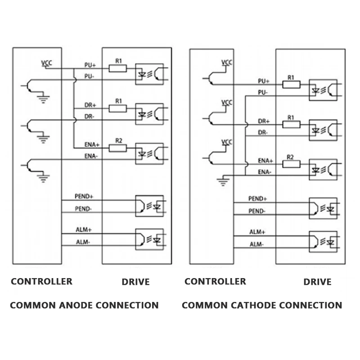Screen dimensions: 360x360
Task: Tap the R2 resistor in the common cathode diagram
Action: coord(291,163)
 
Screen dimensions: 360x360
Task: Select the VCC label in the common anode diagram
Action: coord(46,63)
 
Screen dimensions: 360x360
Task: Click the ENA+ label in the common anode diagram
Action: coord(92,145)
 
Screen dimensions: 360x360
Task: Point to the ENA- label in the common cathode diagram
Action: coord(265,172)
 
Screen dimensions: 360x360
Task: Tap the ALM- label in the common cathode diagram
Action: coord(257,244)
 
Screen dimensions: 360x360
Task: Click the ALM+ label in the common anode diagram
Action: coord(84,229)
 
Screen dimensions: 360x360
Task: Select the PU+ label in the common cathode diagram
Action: coord(264,81)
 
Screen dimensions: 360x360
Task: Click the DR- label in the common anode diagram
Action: coord(90,116)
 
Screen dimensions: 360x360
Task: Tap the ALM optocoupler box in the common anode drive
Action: coord(149,239)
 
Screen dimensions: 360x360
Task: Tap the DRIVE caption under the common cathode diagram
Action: coord(317,282)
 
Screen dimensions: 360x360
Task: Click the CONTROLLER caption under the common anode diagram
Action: coord(41,282)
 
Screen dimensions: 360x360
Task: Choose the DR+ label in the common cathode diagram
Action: coord(264,121)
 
